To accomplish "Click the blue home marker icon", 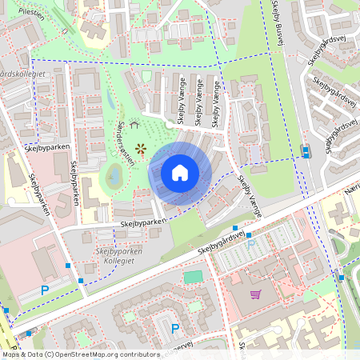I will point(180,173).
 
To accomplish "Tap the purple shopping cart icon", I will point(255,294).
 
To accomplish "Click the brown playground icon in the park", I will point(141,148).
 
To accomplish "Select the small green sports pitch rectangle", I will point(193,277).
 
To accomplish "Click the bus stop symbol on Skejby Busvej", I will point(305,150).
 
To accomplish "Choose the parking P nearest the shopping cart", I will point(250,244).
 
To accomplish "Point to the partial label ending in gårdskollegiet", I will point(22,74).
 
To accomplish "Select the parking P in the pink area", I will point(45,290).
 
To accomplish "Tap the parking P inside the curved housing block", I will point(175,327).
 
